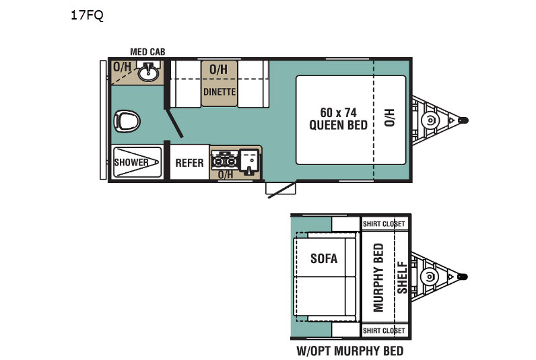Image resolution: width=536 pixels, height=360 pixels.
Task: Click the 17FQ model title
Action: [x=87, y=15]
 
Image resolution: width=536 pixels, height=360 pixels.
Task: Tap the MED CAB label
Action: [x=147, y=52]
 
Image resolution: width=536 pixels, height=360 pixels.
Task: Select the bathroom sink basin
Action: [x=148, y=73]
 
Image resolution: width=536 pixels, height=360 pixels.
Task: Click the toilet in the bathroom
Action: [x=127, y=121]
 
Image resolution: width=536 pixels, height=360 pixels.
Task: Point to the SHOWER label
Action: [x=131, y=162]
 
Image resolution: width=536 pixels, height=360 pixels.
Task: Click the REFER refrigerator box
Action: [x=189, y=163]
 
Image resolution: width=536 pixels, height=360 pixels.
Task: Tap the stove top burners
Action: [x=224, y=160]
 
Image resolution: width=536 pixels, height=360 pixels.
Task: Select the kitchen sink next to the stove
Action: [x=250, y=161]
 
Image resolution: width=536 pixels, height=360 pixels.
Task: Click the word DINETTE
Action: [x=220, y=92]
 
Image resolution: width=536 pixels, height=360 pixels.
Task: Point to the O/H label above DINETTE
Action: [x=219, y=70]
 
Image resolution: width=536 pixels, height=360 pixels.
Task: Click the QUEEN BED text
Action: [x=339, y=125]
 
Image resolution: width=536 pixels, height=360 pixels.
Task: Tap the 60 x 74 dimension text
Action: [x=339, y=112]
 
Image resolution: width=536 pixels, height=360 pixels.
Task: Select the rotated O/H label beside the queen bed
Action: [x=390, y=118]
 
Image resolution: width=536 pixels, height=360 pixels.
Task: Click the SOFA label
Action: [x=324, y=258]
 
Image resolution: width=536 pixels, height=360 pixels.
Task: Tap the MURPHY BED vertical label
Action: [x=378, y=277]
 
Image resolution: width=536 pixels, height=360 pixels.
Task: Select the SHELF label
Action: [x=403, y=277]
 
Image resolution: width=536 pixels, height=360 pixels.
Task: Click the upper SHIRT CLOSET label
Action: [x=384, y=224]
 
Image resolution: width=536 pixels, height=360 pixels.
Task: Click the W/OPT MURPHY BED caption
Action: [x=350, y=351]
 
